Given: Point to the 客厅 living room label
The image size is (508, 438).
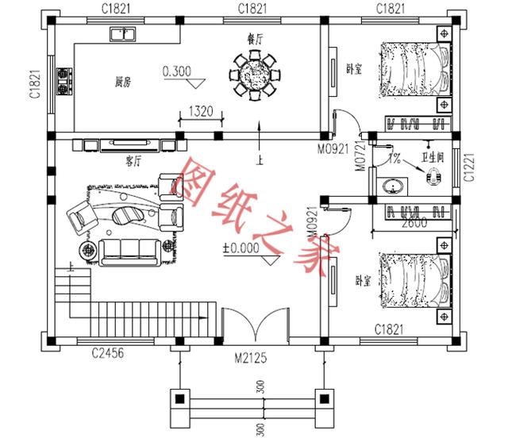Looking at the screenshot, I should pos(133,160).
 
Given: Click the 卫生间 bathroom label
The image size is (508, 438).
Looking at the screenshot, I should pos(435,157).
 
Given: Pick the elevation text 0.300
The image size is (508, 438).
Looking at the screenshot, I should pos(176,72).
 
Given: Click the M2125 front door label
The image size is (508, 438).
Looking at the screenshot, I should pos(250,358).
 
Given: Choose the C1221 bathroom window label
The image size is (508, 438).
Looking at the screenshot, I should pos(469,169).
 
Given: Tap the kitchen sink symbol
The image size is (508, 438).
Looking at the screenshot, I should pos(123,33).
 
